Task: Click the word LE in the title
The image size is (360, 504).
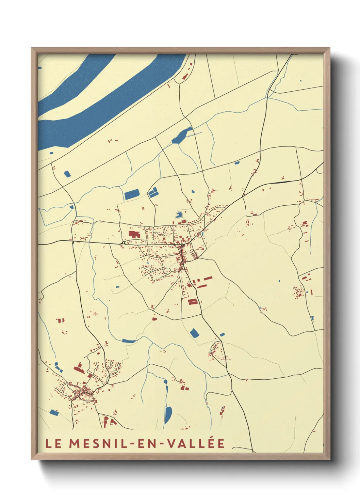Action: pyautogui.click(x=53, y=444)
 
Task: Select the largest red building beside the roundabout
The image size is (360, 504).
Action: pyautogui.click(x=134, y=234)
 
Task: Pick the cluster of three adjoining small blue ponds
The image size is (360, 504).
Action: pyautogui.click(x=153, y=193)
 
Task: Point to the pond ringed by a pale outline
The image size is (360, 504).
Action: pyautogui.click(x=179, y=215)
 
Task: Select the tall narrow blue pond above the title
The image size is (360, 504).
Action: pyautogui.click(x=168, y=415)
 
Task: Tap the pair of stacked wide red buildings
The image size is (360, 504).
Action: pyautogui.click(x=193, y=301)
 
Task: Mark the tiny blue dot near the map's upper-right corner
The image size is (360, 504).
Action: pyautogui.click(x=300, y=81)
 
